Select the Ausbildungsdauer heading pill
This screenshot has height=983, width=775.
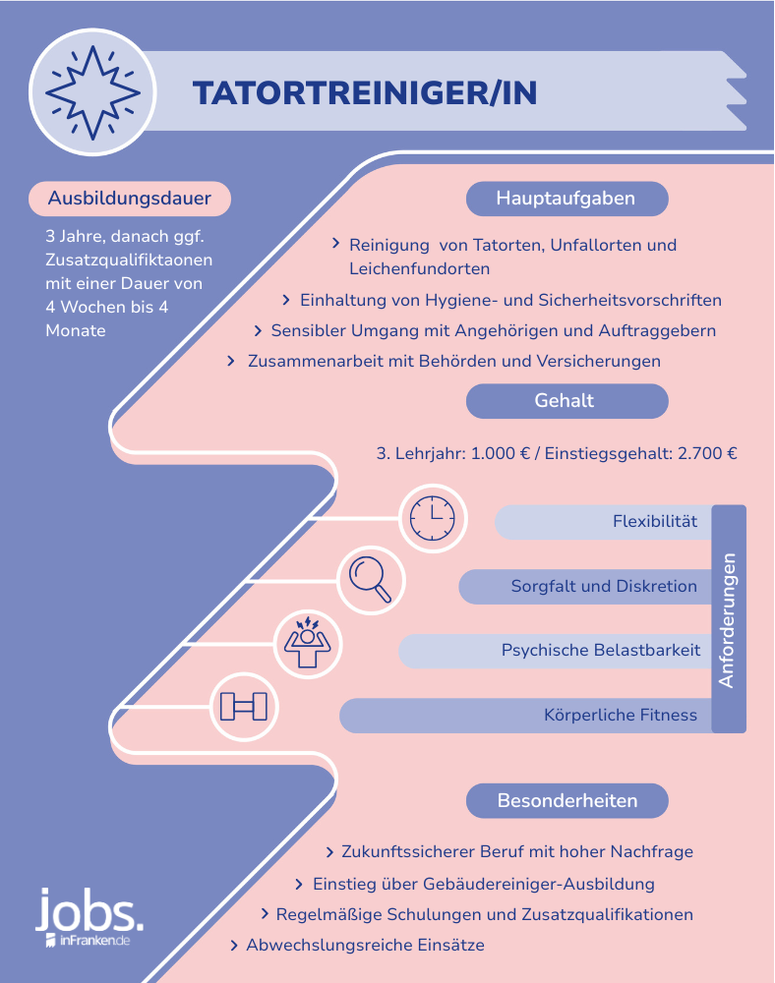(x=130, y=199)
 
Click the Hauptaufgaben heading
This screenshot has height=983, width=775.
(x=566, y=199)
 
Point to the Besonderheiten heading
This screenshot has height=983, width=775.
(x=566, y=800)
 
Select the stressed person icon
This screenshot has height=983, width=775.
(x=305, y=644)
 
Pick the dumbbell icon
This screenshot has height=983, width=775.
(x=243, y=707)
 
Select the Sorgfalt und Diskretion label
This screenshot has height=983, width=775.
(x=604, y=586)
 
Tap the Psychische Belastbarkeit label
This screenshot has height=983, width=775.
(x=601, y=650)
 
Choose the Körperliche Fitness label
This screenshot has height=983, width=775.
(x=621, y=715)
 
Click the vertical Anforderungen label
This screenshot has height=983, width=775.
(x=728, y=619)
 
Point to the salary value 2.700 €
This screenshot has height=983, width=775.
(x=708, y=454)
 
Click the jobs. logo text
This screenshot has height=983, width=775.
(x=89, y=913)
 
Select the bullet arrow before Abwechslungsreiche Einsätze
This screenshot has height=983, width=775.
(x=234, y=946)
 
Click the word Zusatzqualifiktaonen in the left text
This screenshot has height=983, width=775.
(x=129, y=260)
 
